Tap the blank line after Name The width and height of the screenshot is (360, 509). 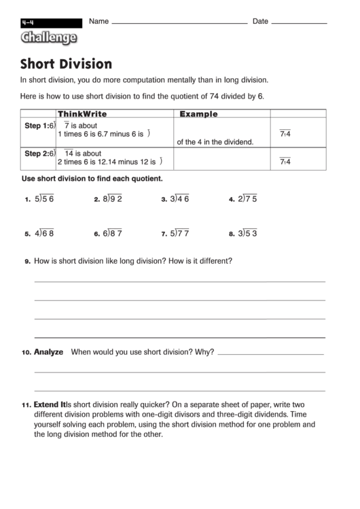coord(179,22)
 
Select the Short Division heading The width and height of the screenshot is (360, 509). coord(67,65)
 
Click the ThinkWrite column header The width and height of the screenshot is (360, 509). coord(82,114)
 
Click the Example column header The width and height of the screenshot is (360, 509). coord(198,114)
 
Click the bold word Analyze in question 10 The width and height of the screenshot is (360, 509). coord(48,352)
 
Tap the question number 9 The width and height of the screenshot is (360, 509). coord(26,261)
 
